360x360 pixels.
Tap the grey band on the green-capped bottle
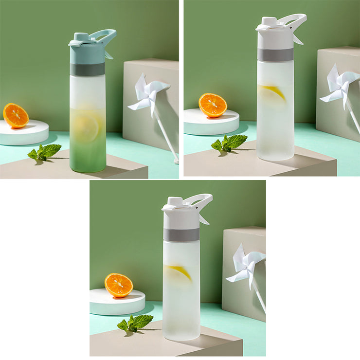(x=88, y=69)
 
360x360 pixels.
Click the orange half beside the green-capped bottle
(x=16, y=116)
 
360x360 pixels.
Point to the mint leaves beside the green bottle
(x=45, y=152)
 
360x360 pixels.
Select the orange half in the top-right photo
(x=213, y=105)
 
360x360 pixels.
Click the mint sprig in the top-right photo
(x=230, y=143)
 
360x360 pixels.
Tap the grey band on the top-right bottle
(x=275, y=54)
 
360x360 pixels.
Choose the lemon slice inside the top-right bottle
(x=273, y=91)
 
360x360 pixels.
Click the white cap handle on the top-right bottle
(x=296, y=19)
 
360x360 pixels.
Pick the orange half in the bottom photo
(x=119, y=286)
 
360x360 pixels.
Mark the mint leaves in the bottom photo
(x=136, y=322)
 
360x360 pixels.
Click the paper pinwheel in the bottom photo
(x=247, y=265)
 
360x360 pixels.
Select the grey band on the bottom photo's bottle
(x=181, y=234)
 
